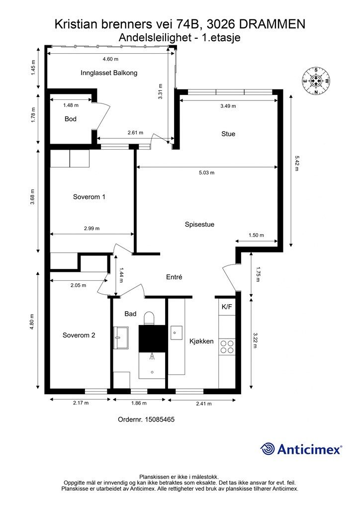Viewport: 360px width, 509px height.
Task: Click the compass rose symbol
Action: click(316, 81)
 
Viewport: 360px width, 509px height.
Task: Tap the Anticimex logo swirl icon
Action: click(268, 449)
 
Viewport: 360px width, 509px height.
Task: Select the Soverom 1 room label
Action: click(89, 197)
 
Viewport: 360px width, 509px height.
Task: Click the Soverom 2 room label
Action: click(79, 335)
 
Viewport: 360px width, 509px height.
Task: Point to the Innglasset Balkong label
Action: click(109, 73)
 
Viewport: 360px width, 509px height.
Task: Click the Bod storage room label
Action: click(71, 119)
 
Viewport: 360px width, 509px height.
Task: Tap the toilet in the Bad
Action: click(149, 318)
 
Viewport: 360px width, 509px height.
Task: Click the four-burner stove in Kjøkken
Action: click(227, 346)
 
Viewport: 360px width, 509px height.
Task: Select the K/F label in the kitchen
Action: click(227, 306)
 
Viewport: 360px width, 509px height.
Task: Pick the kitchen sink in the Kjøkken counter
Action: click(176, 333)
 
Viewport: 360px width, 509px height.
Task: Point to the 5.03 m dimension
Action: click(207, 172)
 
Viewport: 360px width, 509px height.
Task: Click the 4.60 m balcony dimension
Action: click(110, 59)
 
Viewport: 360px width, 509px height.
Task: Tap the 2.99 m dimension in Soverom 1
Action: click(92, 228)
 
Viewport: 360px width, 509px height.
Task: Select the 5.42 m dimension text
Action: click(297, 163)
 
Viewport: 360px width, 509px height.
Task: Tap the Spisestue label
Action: click(199, 224)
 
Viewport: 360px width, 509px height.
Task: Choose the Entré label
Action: click(175, 277)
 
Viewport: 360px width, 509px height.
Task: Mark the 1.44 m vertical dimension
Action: click(121, 274)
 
